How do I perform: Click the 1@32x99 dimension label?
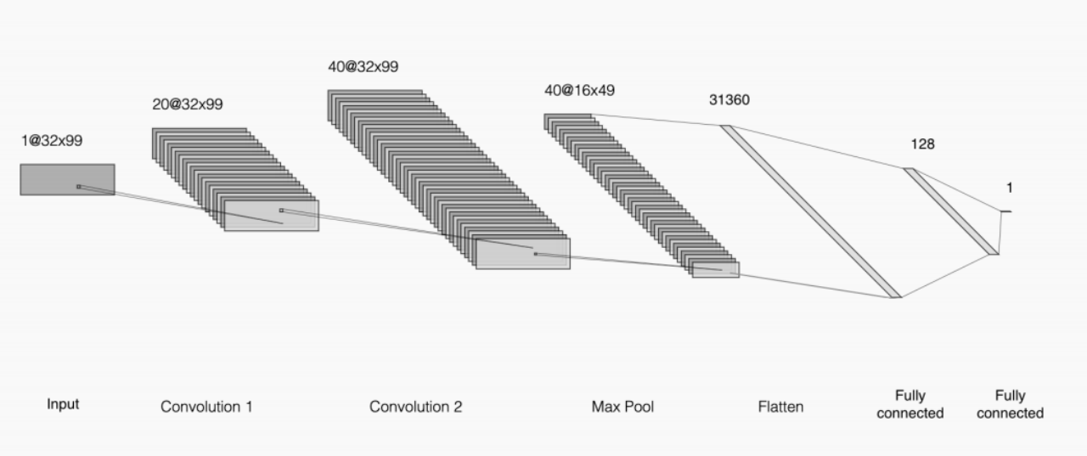coord(52,141)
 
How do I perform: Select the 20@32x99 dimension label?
coord(188,104)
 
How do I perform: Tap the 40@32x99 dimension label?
coord(363,66)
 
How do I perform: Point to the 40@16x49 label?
coord(579,90)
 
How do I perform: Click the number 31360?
coord(729,99)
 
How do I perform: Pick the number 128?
coord(922,144)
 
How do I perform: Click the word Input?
coord(63,404)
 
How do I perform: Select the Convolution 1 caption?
coord(206,407)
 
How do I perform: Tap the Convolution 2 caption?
coord(415,407)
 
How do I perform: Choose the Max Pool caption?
coord(622,407)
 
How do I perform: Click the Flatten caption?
coord(780,407)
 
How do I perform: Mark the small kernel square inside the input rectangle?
coord(78,187)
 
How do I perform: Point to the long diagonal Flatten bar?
coord(811,212)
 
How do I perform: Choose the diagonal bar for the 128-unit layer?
coord(951,211)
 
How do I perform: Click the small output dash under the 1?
coord(1005,211)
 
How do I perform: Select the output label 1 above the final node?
coord(1009,188)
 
